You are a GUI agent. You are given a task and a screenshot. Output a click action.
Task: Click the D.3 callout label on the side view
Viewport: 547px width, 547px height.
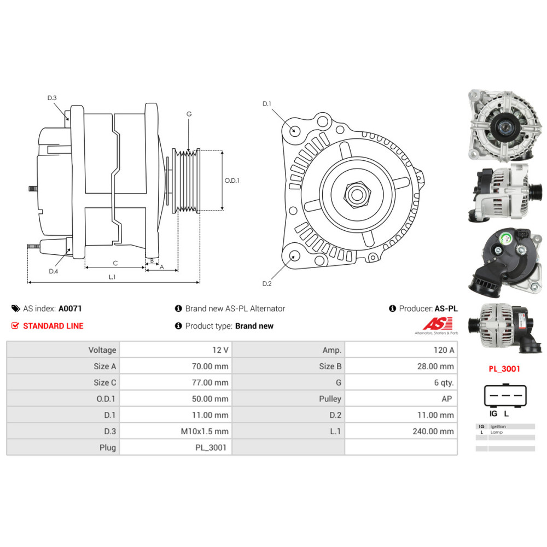click(52, 98)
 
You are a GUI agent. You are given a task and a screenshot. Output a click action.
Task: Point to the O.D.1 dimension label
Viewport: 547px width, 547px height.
click(232, 181)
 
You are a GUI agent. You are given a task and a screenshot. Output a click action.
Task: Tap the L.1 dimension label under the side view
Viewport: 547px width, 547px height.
click(112, 277)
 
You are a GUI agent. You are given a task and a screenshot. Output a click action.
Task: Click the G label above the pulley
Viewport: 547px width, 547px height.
click(189, 114)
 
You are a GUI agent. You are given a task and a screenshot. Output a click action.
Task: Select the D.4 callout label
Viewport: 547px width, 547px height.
click(54, 271)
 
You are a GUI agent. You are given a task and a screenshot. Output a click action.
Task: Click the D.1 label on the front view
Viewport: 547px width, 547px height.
click(267, 103)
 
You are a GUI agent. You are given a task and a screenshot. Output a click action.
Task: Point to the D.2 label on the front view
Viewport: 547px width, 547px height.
click(267, 283)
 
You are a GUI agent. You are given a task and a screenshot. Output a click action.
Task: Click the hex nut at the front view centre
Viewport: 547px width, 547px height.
click(357, 195)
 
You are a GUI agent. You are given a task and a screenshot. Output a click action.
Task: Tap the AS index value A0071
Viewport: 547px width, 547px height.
click(70, 309)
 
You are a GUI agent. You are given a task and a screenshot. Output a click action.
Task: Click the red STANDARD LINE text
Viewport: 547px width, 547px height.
click(54, 326)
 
